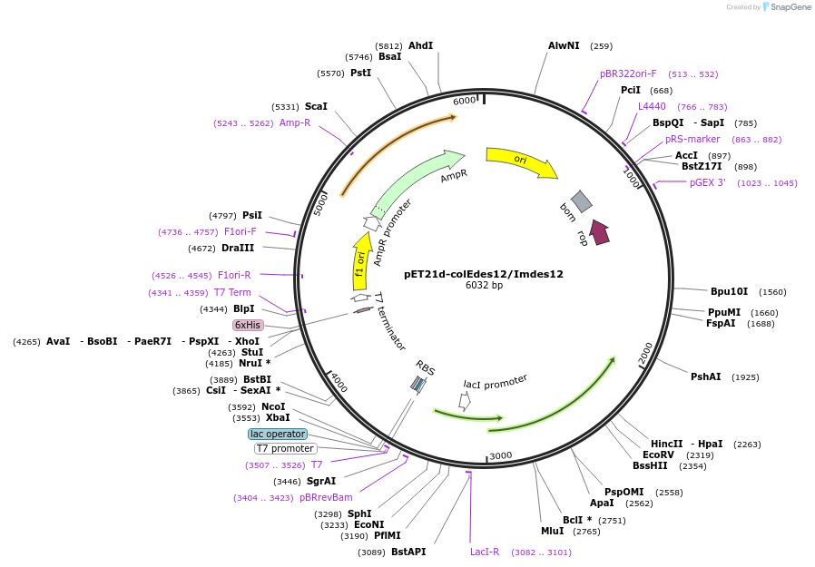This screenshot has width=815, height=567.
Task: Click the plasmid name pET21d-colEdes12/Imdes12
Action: pyautogui.click(x=484, y=274)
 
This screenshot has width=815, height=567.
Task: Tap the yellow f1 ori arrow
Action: pyautogui.click(x=361, y=263)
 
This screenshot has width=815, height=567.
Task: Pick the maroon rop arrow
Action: pyautogui.click(x=599, y=232)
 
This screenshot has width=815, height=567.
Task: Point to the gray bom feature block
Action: pyautogui.click(x=581, y=202)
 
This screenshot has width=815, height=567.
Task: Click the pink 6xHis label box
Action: pyautogui.click(x=248, y=325)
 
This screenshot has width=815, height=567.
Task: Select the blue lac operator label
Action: pyautogui.click(x=278, y=434)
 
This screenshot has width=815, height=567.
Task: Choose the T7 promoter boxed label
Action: pyautogui.click(x=285, y=448)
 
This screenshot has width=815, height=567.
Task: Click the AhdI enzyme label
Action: pyautogui.click(x=420, y=45)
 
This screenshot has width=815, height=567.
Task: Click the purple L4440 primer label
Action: pyautogui.click(x=652, y=106)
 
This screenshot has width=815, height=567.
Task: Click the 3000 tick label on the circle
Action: pyautogui.click(x=501, y=455)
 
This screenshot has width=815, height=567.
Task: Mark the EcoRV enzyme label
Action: pyautogui.click(x=658, y=455)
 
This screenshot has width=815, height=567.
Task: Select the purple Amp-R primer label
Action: pyautogui.click(x=294, y=122)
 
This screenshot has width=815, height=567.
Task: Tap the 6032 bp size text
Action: pyautogui.click(x=484, y=286)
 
